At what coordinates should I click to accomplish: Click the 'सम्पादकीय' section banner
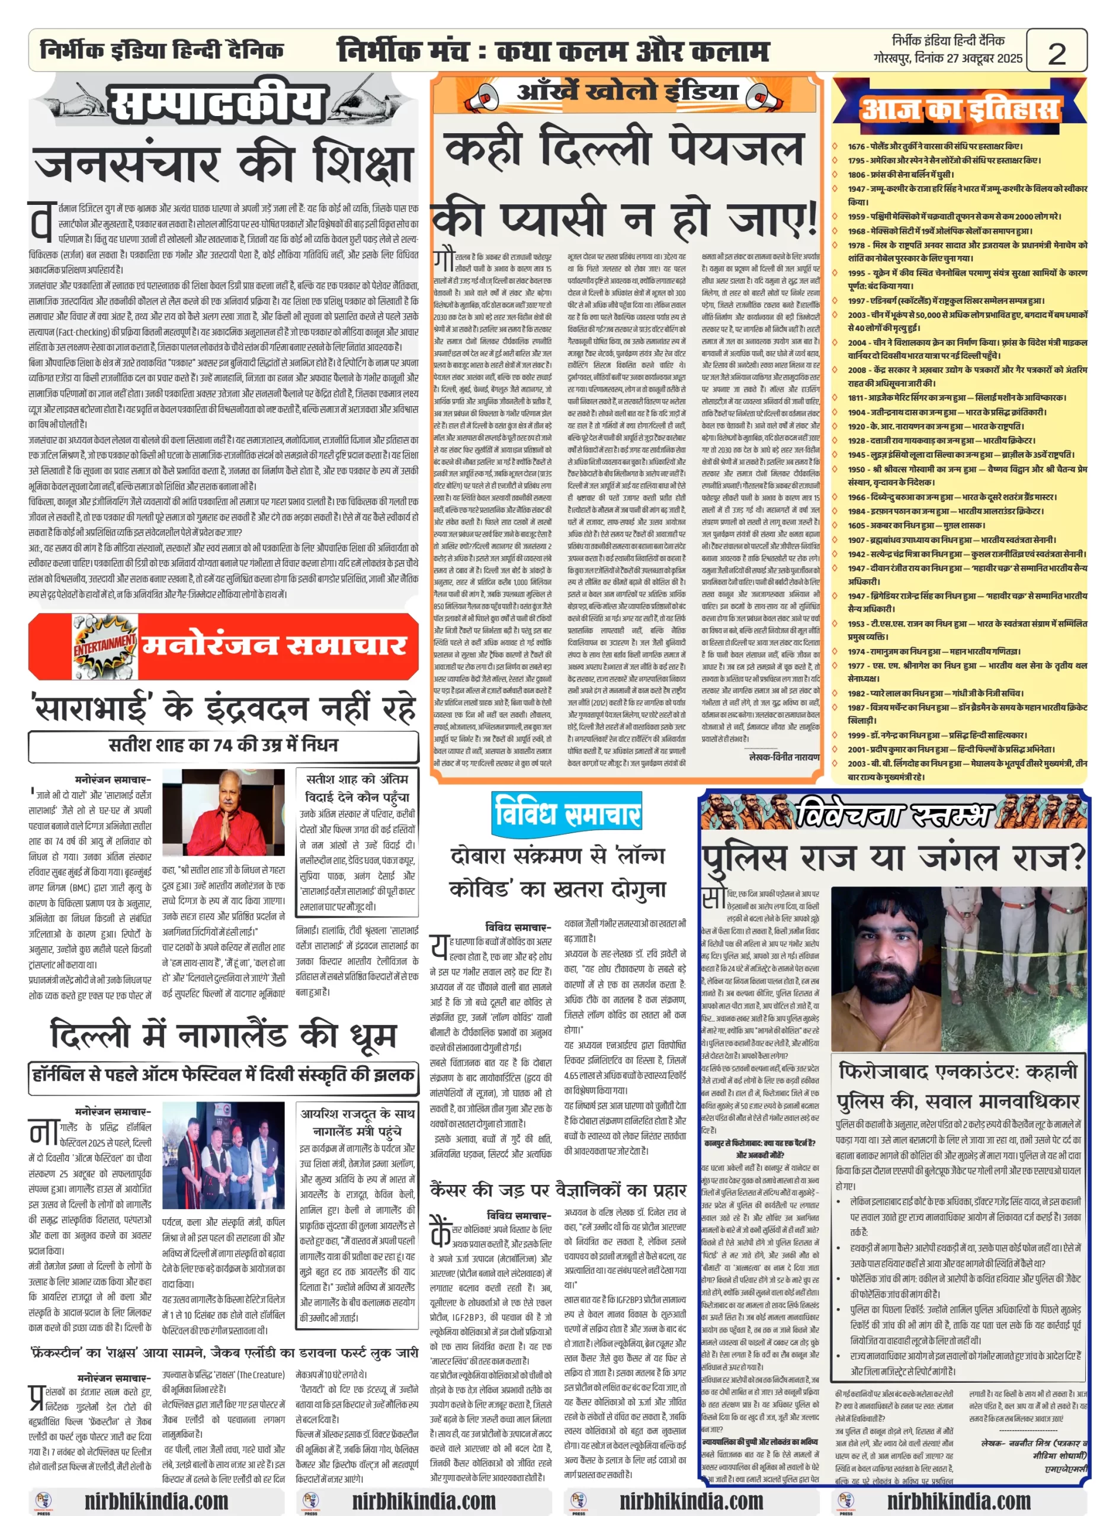[216, 105]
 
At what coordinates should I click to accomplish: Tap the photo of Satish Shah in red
[223, 812]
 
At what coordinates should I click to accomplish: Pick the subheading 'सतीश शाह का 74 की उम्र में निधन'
[223, 745]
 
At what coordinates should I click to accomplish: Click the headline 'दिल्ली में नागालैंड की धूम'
[223, 1035]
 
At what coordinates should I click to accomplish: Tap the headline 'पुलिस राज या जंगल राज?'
[893, 858]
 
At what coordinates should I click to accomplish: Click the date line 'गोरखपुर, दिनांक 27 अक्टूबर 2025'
[948, 59]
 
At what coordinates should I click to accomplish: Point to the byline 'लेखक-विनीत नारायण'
[784, 757]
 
